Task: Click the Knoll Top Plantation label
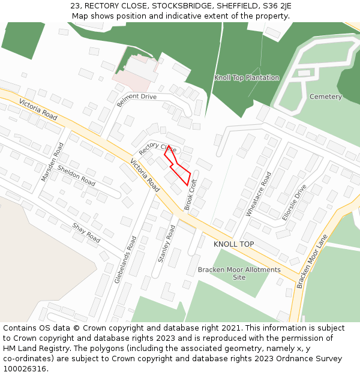click(x=247, y=78)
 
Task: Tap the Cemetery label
click(x=325, y=97)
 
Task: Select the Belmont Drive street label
click(x=136, y=100)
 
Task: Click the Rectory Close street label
click(x=157, y=148)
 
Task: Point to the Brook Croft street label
click(x=191, y=194)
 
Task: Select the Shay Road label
click(x=86, y=233)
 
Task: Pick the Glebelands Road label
click(x=125, y=259)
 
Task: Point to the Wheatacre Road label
click(x=258, y=194)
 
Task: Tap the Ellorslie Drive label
click(x=293, y=202)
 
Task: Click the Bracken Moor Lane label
click(x=312, y=261)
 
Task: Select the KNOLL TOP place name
click(x=233, y=244)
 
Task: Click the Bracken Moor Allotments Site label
click(x=239, y=274)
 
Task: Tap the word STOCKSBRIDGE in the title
click(x=179, y=6)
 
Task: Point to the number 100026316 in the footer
click(x=25, y=368)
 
